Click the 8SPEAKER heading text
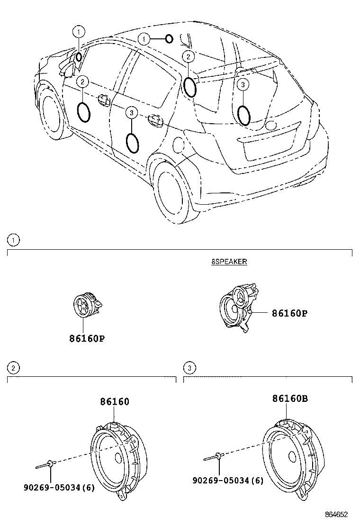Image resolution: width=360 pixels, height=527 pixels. coord(229,262)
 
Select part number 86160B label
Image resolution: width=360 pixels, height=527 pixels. coord(290,399)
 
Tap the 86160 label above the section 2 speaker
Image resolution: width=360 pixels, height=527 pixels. coord(115,401)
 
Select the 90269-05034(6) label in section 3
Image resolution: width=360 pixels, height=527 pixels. coord(228,481)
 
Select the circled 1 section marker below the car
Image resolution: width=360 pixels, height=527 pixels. coord(14,240)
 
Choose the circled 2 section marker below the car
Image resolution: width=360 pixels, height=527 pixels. coord(14,367)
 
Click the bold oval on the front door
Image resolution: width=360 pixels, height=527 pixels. coord(84,112)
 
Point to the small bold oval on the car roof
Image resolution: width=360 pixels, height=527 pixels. coord(169,38)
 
